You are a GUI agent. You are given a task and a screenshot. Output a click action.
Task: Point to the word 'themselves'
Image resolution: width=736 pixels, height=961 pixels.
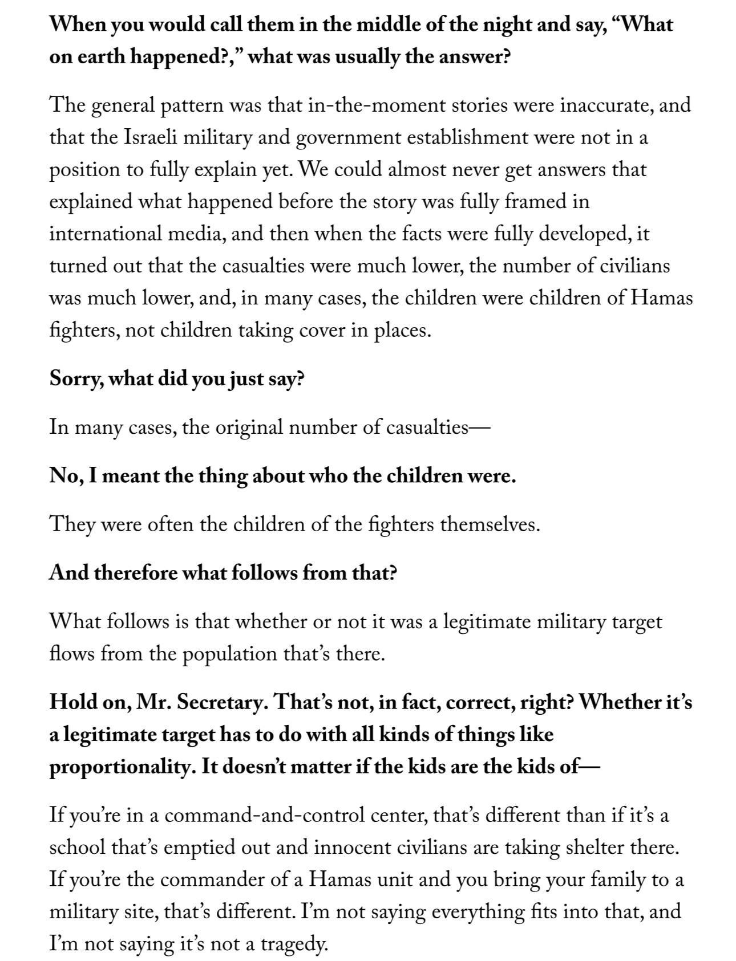pyautogui.click(x=489, y=524)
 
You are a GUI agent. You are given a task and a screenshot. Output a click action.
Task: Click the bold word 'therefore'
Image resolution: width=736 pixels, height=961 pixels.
pyautogui.click(x=136, y=572)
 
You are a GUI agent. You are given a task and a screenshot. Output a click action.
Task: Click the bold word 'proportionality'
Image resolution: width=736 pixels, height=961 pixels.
pyautogui.click(x=120, y=767)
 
